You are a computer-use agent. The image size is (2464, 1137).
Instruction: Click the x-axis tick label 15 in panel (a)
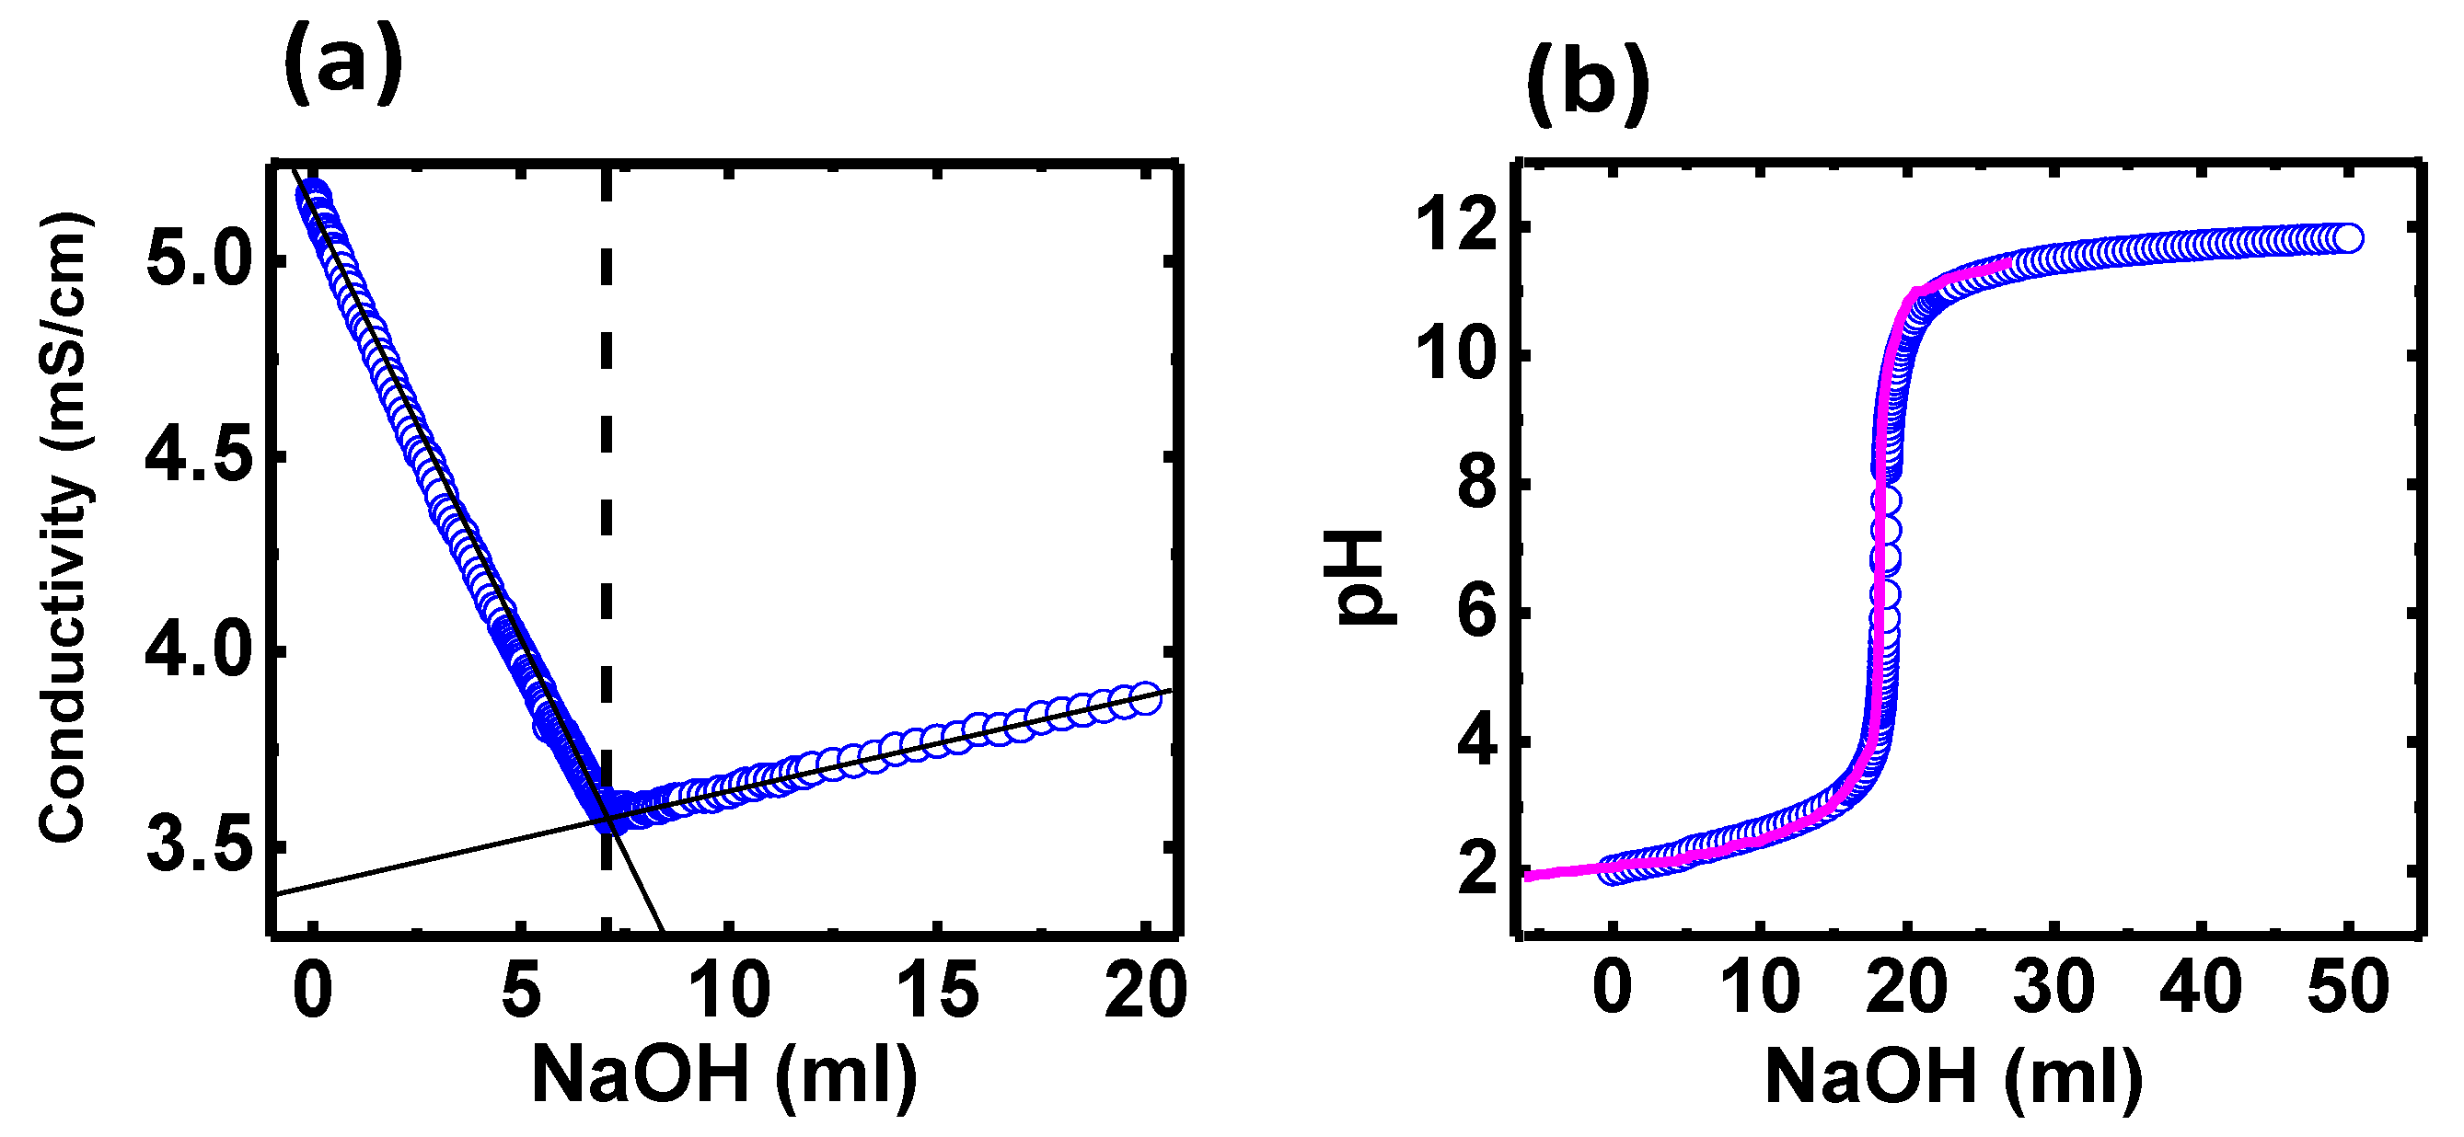coord(938,991)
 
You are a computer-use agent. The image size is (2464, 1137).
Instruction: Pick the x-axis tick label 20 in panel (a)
coord(1146,991)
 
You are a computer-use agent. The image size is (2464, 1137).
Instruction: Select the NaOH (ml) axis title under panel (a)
coord(724,1074)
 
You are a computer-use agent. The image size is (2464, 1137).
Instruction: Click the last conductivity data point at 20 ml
coord(1146,697)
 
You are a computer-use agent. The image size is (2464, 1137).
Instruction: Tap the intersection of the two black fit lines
coord(607,820)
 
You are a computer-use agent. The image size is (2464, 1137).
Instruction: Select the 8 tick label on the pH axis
coord(1477,484)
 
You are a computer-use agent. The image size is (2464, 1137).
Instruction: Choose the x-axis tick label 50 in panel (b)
coord(2348,987)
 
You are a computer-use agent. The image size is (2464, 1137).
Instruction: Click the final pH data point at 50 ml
coord(2348,238)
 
